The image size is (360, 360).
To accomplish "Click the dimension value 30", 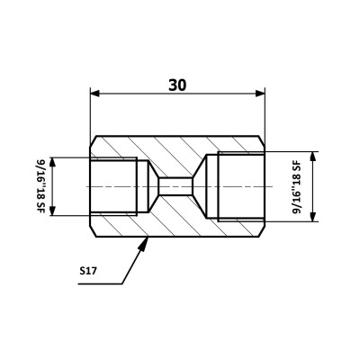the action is coord(177,85).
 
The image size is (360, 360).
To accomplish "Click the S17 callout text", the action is coord(88,271).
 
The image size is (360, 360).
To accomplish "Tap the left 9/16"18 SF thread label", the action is coord(40,186).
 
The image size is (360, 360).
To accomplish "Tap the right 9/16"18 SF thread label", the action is coord(296,186).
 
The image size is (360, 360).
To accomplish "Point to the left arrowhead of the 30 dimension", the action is coord(94,94).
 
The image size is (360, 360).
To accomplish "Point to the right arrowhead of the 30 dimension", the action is coord(260,94).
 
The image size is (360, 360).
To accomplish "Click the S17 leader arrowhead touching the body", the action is coord(144,243).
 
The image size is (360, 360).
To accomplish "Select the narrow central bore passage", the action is coord(175,186).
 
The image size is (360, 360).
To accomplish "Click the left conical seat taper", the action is coord(153,186).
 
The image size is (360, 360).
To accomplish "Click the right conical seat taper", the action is coord(199,186).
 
